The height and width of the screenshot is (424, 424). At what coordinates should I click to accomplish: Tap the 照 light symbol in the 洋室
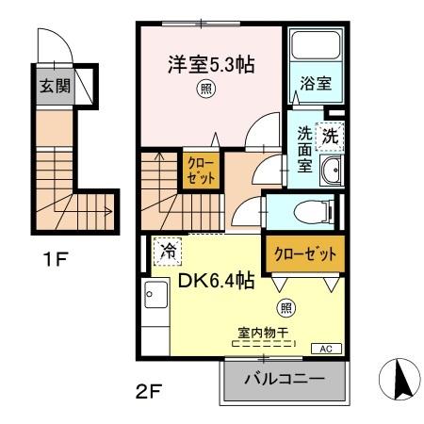click(x=204, y=90)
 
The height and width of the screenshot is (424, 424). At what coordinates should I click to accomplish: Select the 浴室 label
click(x=316, y=83)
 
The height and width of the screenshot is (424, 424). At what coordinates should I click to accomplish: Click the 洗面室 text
click(x=304, y=147)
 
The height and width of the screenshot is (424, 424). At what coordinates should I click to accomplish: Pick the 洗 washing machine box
click(x=330, y=134)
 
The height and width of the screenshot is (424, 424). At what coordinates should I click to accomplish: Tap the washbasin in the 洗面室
click(x=331, y=170)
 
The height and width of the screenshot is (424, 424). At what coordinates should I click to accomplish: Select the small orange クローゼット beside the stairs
click(x=200, y=170)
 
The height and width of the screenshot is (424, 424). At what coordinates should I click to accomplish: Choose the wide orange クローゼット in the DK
click(x=304, y=253)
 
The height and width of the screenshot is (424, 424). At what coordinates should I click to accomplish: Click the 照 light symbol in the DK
click(x=285, y=307)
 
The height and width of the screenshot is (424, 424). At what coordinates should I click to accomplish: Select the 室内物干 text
click(x=263, y=333)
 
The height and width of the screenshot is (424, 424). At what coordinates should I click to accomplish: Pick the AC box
click(x=326, y=349)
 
